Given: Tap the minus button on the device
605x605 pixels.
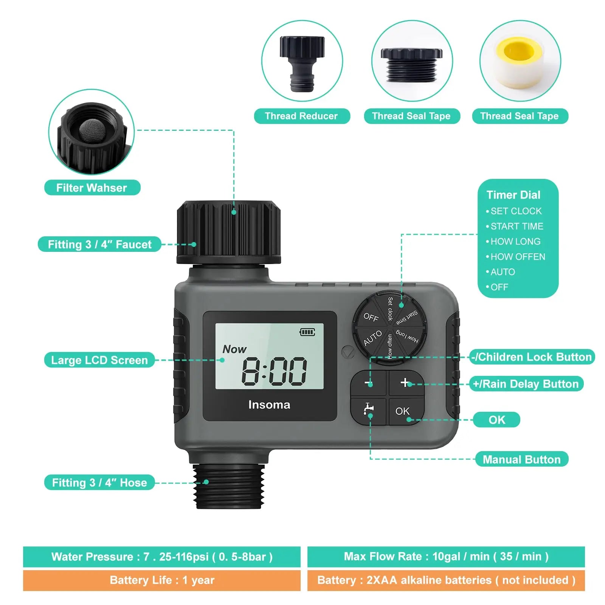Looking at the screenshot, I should click(368, 383).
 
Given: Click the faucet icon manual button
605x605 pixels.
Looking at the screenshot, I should click(368, 410).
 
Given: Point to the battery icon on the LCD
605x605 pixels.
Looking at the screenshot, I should click(307, 332).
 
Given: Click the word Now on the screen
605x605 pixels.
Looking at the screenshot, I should click(234, 349).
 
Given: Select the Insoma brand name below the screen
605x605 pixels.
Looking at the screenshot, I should click(269, 405).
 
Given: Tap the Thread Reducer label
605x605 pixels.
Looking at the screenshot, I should click(301, 116).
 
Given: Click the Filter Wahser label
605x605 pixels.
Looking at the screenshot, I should click(92, 188).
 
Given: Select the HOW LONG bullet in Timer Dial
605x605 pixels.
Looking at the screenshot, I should click(515, 241).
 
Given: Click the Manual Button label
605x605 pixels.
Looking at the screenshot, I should click(521, 459).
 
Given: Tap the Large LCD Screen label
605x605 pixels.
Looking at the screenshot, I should click(99, 360).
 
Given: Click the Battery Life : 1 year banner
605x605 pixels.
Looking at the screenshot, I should click(162, 580).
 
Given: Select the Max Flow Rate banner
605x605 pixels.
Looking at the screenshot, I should click(446, 557).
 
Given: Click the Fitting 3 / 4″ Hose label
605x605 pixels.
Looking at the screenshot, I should click(99, 482).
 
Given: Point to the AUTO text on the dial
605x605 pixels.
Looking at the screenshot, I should click(372, 338).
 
